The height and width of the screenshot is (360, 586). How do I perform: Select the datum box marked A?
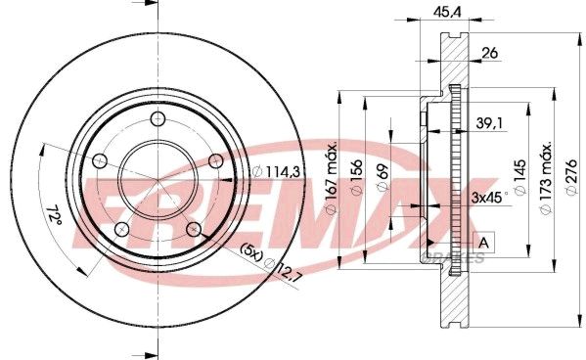483,242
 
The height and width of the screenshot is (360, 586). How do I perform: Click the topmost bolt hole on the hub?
158,118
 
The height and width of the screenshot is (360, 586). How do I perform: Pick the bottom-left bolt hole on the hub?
120,230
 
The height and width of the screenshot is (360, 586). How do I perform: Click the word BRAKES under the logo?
459,257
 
